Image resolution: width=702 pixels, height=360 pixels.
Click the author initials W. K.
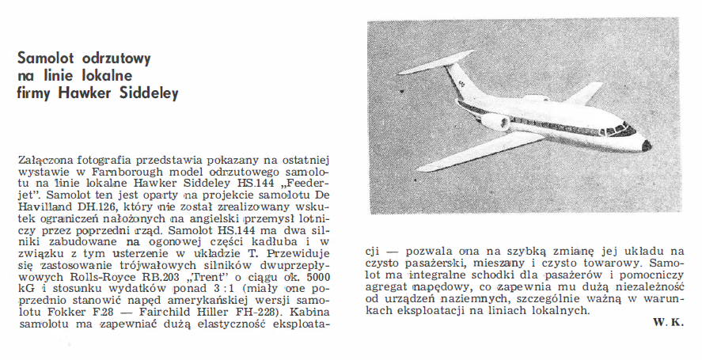(669, 324)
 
